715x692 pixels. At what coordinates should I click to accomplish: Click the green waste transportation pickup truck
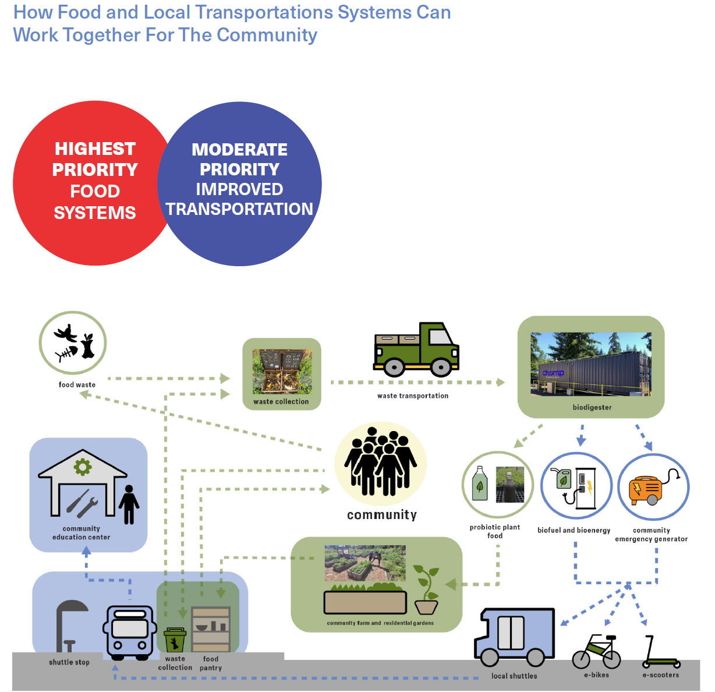(416, 349)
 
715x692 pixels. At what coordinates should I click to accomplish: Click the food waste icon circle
(73, 343)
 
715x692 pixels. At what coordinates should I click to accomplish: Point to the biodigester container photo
(590, 365)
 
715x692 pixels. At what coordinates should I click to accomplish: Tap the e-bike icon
(597, 652)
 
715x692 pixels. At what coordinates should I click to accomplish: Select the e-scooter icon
(659, 652)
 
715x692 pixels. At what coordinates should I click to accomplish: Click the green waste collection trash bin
(175, 640)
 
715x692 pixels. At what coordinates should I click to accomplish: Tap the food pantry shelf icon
(211, 629)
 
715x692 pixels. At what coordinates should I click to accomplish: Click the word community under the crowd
(382, 515)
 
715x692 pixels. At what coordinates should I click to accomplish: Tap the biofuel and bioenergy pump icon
(576, 487)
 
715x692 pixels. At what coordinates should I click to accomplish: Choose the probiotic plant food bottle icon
(480, 483)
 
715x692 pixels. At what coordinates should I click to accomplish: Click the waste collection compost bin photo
(282, 372)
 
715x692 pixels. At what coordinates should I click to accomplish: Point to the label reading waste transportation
(413, 396)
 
